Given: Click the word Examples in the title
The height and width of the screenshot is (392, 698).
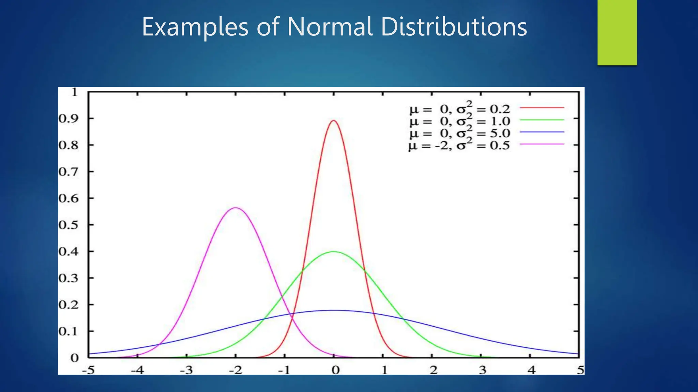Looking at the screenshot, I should (x=195, y=27).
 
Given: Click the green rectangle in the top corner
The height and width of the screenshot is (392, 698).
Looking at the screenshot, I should (x=617, y=32).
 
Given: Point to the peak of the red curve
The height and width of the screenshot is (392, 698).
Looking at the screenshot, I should (x=334, y=121).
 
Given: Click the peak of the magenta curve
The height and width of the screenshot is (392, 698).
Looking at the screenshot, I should (x=236, y=208).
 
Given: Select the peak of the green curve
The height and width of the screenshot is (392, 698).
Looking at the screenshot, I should (x=334, y=252).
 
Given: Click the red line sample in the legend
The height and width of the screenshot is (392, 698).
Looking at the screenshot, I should (x=542, y=108).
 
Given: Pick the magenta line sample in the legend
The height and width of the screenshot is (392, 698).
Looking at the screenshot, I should (x=542, y=144).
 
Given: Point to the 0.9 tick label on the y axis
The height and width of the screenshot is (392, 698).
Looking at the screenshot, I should (x=68, y=119).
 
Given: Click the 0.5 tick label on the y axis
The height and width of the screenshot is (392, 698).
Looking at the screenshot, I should (x=68, y=225).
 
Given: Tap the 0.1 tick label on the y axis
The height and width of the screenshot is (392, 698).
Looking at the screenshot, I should (x=68, y=331).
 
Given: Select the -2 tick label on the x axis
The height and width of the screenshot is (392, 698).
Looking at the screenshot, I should (x=235, y=370).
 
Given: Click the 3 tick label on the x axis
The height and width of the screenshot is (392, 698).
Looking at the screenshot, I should (x=482, y=370).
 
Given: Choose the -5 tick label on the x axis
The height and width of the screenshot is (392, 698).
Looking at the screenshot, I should (x=88, y=370).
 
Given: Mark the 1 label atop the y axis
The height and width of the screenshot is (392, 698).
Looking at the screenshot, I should (x=75, y=92).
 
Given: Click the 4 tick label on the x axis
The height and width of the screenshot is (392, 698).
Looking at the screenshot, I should (x=531, y=370).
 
